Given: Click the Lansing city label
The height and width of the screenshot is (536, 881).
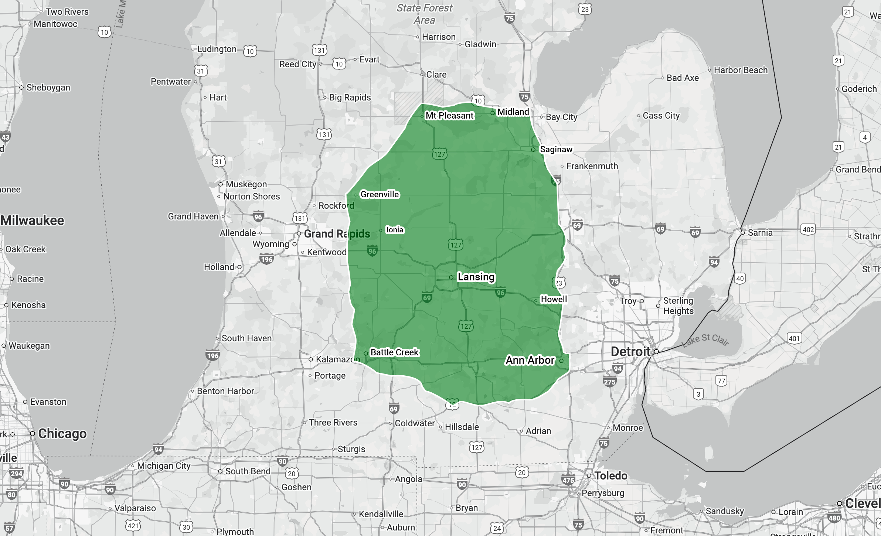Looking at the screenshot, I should pyautogui.click(x=476, y=277).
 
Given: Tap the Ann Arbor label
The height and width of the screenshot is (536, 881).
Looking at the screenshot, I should pyautogui.click(x=530, y=360).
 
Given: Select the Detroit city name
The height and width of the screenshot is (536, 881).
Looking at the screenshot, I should pyautogui.click(x=630, y=351).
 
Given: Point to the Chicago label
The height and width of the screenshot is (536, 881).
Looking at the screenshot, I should pyautogui.click(x=62, y=433).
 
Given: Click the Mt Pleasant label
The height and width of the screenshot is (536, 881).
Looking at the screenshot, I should pyautogui.click(x=449, y=116).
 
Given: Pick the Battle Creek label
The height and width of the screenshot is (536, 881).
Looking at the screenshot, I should pyautogui.click(x=394, y=352).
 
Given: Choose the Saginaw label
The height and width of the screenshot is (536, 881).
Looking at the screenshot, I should pyautogui.click(x=556, y=149).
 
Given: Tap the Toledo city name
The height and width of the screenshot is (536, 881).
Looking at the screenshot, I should pyautogui.click(x=610, y=475).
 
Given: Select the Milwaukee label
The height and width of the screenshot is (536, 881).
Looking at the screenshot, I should pyautogui.click(x=33, y=220).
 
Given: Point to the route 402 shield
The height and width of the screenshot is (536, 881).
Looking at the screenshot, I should pyautogui.click(x=808, y=229).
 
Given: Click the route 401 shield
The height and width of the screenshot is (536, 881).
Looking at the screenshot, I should pyautogui.click(x=794, y=338).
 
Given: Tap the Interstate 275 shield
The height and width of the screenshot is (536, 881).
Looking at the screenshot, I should pyautogui.click(x=609, y=382).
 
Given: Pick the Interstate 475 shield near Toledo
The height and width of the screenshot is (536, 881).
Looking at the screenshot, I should pyautogui.click(x=568, y=480).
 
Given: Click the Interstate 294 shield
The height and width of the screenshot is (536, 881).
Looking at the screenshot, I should pyautogui.click(x=16, y=474).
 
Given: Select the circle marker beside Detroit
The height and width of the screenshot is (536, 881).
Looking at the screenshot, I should pyautogui.click(x=656, y=352).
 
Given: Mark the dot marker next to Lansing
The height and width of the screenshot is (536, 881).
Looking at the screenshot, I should pyautogui.click(x=451, y=277).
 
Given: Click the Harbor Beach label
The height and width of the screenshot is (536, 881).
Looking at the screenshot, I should pyautogui.click(x=741, y=70).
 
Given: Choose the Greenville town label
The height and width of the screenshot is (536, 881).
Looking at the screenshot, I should pyautogui.click(x=380, y=194).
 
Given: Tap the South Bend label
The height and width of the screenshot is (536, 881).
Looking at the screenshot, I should pyautogui.click(x=248, y=471).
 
